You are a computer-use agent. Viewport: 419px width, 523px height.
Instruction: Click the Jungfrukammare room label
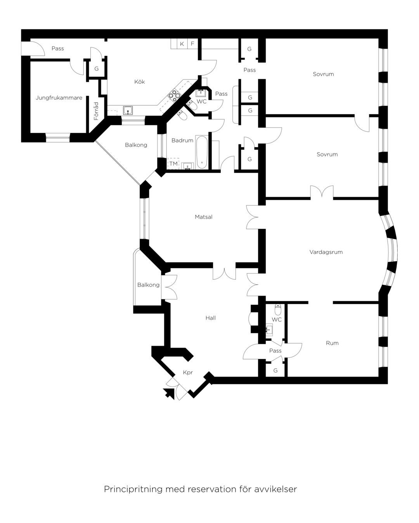[59, 98]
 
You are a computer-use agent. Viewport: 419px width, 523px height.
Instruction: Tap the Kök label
[140, 81]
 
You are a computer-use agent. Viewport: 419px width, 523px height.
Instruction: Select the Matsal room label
[204, 217]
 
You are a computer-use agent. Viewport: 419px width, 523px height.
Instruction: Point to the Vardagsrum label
[326, 252]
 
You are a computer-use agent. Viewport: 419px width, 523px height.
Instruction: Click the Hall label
[211, 318]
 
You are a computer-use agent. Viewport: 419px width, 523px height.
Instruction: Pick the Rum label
[332, 343]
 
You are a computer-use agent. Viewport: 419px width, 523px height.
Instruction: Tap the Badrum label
[182, 140]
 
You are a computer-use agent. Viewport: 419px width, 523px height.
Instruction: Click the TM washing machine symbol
[173, 163]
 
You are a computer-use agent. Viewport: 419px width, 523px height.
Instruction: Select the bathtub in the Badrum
[202, 152]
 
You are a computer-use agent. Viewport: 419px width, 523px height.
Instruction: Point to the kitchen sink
[128, 110]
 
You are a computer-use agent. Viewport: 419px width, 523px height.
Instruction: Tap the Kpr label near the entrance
[188, 372]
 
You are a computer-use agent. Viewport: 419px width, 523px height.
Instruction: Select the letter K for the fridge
[182, 44]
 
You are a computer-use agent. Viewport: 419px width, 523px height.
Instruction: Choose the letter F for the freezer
[192, 44]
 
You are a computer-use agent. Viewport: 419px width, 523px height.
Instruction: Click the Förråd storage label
[97, 111]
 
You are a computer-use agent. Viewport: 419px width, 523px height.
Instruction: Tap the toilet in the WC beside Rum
[278, 310]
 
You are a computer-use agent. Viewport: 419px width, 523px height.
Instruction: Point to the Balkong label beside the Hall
[148, 285]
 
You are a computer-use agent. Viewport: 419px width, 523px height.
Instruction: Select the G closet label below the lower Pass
[275, 370]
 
